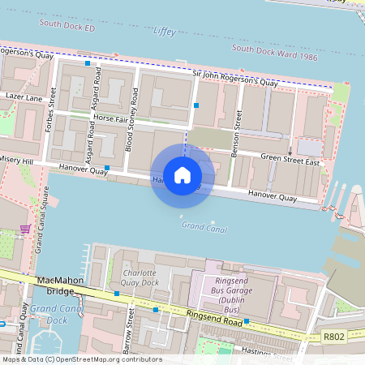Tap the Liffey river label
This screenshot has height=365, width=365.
tap(164, 31)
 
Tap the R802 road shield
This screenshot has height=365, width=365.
tap(333, 336)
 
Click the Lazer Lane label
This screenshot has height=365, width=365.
tap(23, 97)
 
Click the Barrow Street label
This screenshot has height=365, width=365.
tap(128, 334)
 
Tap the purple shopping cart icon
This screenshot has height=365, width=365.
tap(26, 229)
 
